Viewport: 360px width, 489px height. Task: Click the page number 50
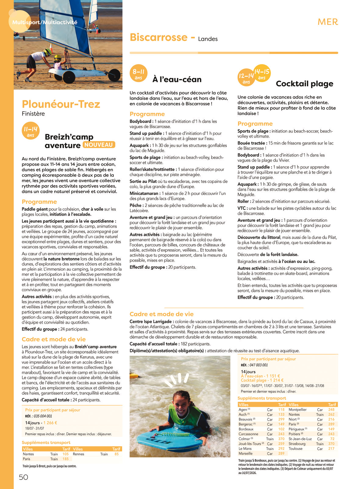point(23,477)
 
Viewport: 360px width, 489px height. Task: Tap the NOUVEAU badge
point(98,145)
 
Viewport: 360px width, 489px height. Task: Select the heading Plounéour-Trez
point(61,104)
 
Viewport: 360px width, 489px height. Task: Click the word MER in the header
point(328,22)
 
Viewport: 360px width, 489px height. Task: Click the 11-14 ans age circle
point(30,131)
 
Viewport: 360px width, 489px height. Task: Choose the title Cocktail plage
point(304,84)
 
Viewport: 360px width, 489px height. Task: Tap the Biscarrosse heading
point(158,38)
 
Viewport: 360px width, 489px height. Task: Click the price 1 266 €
point(50,423)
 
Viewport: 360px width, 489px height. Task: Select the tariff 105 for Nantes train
point(66,454)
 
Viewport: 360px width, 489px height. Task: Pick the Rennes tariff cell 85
point(116,454)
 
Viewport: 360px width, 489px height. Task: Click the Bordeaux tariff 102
point(281,429)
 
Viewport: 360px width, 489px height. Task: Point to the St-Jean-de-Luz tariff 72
point(332,439)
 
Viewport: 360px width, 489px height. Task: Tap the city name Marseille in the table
point(245,454)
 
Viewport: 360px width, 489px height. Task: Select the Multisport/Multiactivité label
point(45,22)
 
